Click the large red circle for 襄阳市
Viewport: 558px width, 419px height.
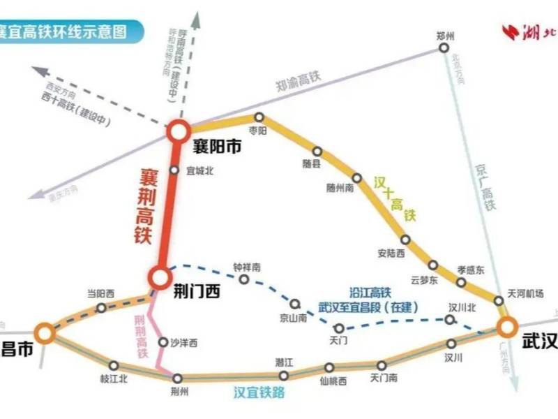[178, 130]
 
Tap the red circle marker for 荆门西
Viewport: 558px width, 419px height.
[158, 278]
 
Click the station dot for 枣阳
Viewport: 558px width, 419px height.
[259, 117]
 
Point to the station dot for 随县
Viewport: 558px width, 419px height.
[317, 151]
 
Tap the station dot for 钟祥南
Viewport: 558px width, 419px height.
[244, 279]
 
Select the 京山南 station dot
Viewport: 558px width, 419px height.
[295, 304]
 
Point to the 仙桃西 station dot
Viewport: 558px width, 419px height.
[329, 367]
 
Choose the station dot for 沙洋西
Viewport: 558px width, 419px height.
[164, 343]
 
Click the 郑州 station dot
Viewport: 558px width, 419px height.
[443, 47]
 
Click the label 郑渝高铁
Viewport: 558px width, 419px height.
[297, 82]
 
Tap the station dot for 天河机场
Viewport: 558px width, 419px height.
[499, 301]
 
